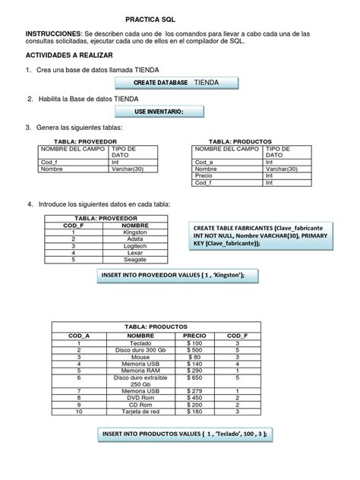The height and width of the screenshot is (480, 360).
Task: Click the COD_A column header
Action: coord(79,335)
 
